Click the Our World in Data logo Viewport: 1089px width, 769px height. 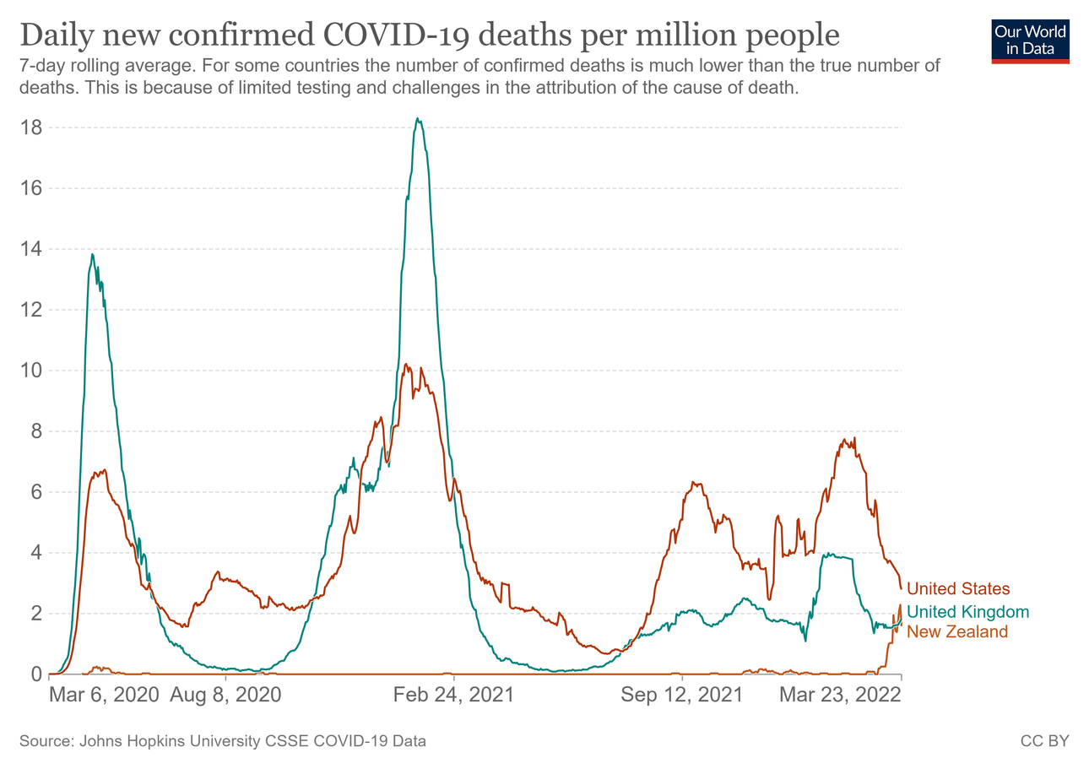tap(1030, 40)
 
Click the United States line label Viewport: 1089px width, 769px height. tap(957, 588)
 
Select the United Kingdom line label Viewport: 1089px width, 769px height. tap(967, 612)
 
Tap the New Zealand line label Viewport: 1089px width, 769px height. tap(956, 631)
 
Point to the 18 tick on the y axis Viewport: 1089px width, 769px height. tap(32, 127)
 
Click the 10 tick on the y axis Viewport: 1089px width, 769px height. tap(32, 371)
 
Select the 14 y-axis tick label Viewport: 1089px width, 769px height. tap(32, 249)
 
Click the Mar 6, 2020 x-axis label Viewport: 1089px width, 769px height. tap(105, 696)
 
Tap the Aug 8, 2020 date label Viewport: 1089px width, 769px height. tap(226, 696)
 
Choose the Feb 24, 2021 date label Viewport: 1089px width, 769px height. tap(453, 696)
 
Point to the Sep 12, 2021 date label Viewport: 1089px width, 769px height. tap(681, 696)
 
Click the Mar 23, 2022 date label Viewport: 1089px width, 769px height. tap(839, 696)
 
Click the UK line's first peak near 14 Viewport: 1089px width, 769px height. tap(93, 254)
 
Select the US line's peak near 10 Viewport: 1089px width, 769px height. tap(406, 365)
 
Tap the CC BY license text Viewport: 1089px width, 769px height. tap(1044, 741)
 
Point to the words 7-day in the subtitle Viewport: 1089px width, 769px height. tap(40, 66)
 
